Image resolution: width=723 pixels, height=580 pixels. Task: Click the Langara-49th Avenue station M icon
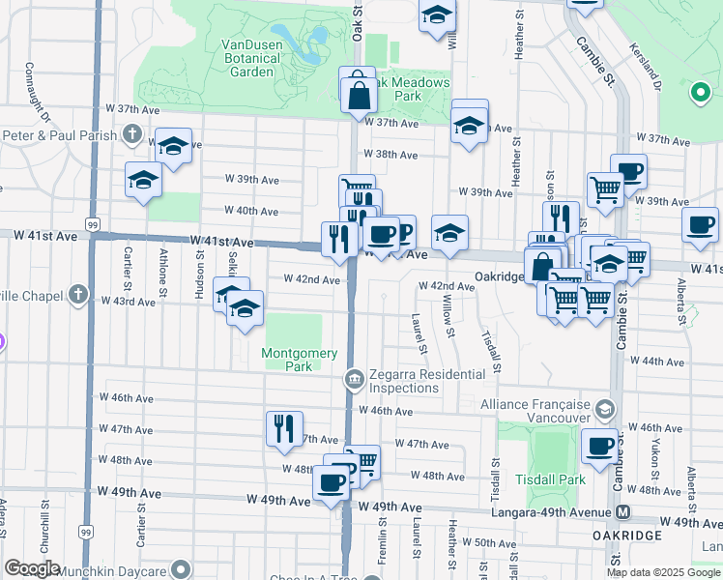[x=623, y=511]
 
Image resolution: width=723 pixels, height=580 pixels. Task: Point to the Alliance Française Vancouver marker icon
[x=606, y=408]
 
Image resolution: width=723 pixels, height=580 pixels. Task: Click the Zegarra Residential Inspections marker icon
[x=355, y=377]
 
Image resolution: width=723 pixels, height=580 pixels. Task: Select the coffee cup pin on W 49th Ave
[x=331, y=481]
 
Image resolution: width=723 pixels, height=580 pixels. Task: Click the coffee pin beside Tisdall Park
[x=599, y=447]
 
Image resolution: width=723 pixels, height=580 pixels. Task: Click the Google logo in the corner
[x=32, y=568]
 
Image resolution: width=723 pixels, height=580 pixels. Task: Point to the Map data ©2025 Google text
[x=663, y=572]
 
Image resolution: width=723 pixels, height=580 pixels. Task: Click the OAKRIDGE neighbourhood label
[x=628, y=536]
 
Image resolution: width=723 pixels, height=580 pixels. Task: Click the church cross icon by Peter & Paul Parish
[x=129, y=135]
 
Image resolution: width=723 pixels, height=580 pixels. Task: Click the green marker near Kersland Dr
[x=700, y=93]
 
